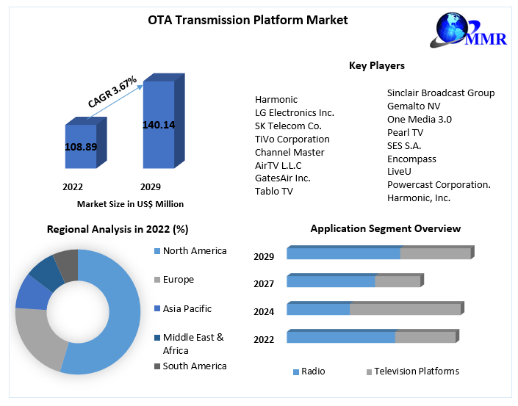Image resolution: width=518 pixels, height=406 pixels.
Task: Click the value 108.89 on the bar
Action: [x=81, y=147]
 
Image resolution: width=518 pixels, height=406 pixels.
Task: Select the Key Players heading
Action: [x=376, y=65]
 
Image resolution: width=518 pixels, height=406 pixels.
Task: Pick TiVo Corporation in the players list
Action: [x=292, y=139]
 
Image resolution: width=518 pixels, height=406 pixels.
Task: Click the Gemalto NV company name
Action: [x=414, y=106]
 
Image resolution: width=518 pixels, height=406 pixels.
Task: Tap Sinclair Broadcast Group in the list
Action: [x=441, y=93]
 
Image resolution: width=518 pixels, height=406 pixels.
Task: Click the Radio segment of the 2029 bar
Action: [x=342, y=253]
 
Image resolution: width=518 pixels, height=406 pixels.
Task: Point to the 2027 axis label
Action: [x=264, y=284]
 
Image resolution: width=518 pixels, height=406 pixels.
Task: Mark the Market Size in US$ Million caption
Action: [x=130, y=203]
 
